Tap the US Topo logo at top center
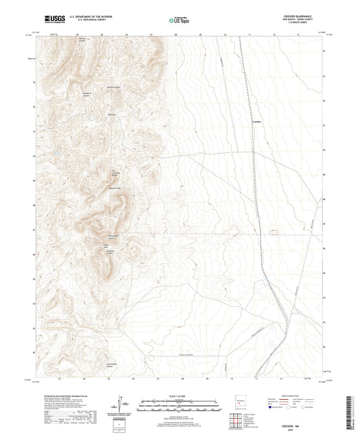pyautogui.click(x=178, y=21)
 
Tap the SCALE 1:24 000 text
pyautogui.click(x=180, y=395)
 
